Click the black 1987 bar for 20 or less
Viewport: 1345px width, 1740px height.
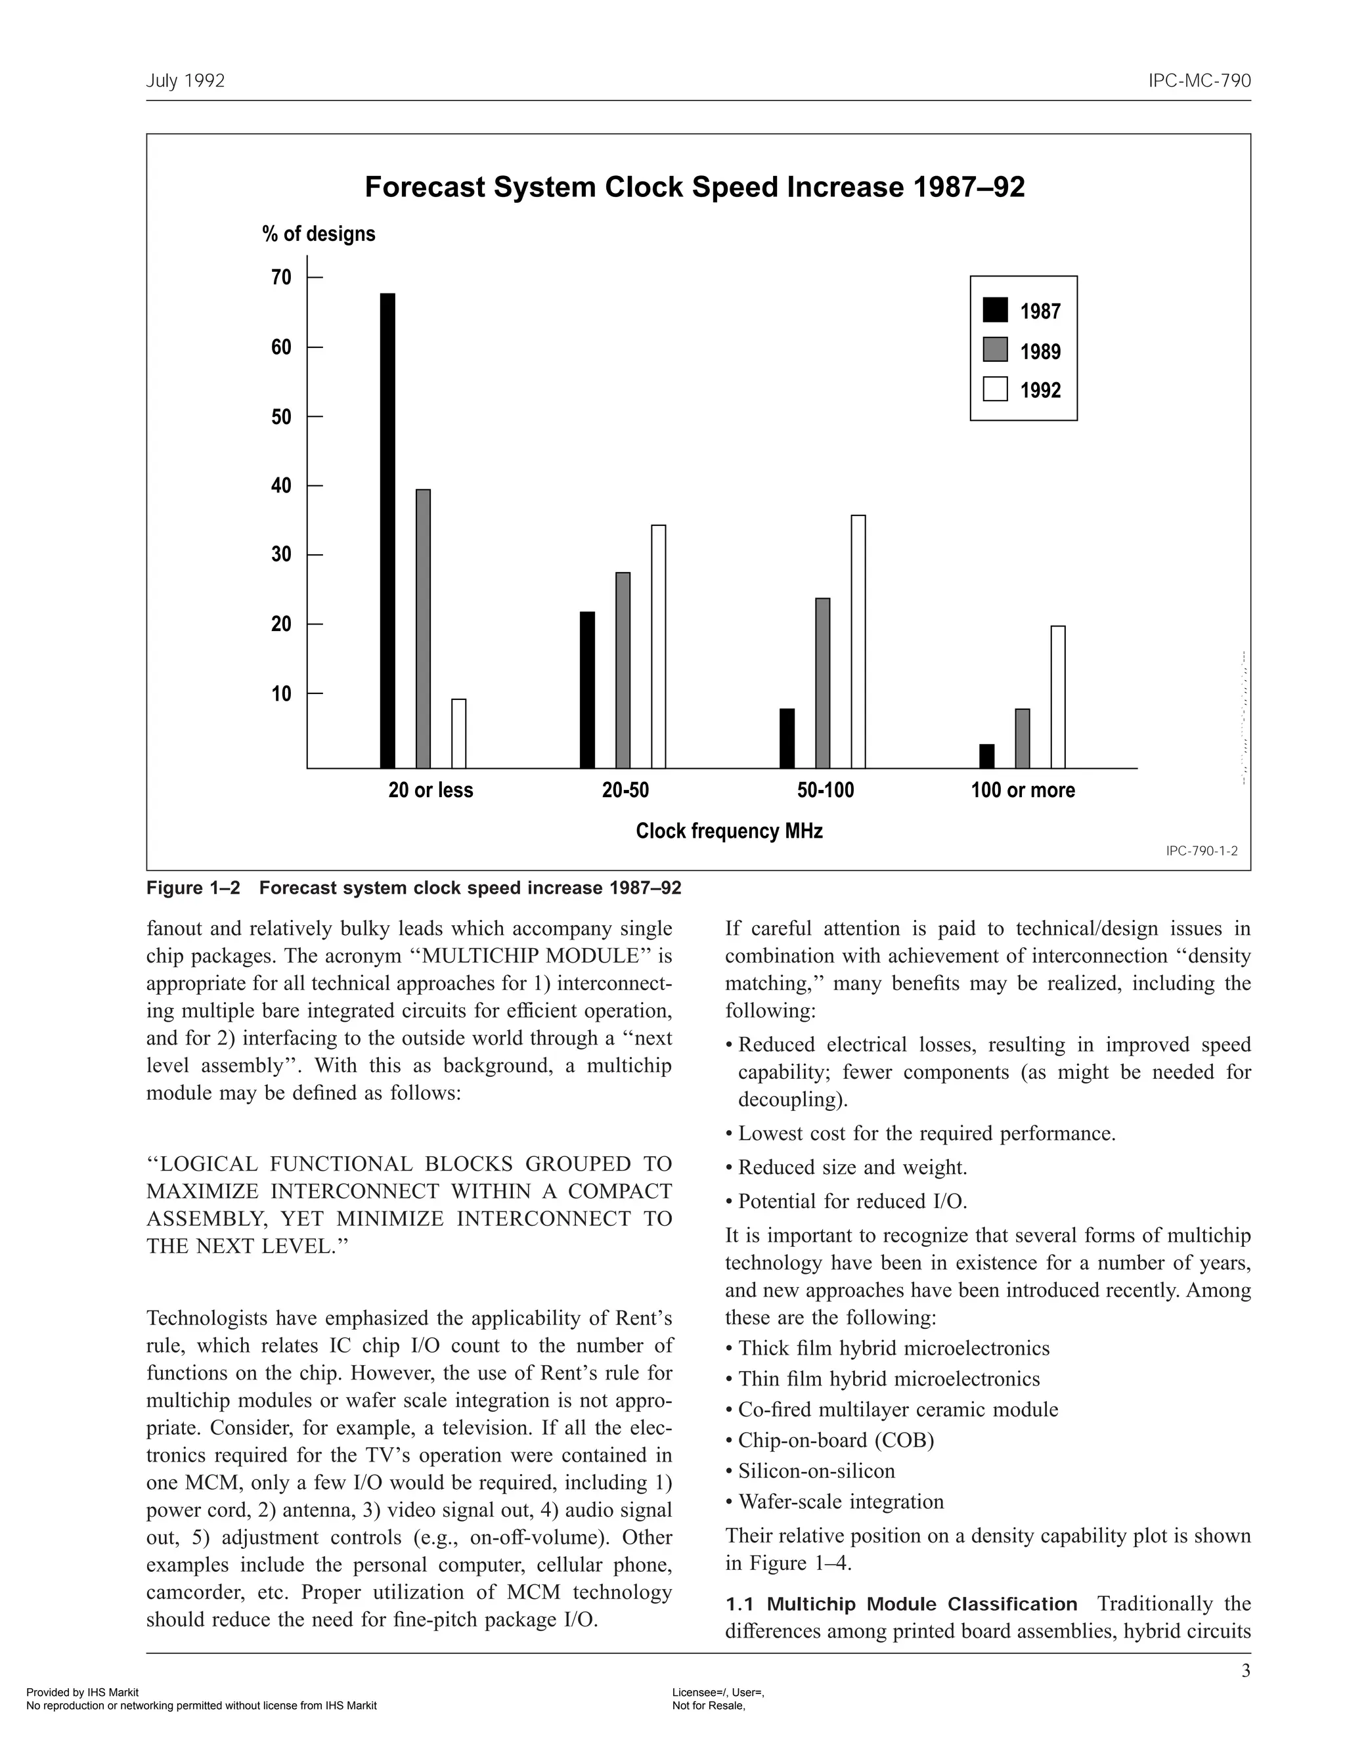coord(387,531)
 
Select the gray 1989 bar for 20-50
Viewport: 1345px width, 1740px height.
coord(623,670)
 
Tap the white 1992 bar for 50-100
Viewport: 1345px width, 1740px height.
coord(858,642)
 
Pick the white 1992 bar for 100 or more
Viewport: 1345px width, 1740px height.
coord(1058,697)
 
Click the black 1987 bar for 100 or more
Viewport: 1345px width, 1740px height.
coord(986,756)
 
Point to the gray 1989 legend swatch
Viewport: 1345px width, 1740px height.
coord(995,350)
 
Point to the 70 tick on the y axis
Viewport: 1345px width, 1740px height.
coord(314,277)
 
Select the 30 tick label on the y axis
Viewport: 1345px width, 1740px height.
coord(281,555)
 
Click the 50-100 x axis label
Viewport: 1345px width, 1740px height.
coord(825,791)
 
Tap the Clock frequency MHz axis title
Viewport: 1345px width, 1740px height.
coord(728,831)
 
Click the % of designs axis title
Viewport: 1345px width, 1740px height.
coord(318,234)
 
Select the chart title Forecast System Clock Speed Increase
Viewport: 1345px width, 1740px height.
coord(694,187)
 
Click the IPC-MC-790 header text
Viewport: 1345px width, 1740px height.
coord(1199,81)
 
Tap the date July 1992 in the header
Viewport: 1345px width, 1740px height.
coord(186,81)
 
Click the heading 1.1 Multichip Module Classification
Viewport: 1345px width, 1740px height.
coord(900,1604)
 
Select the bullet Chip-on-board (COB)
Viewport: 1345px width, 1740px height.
coord(835,1440)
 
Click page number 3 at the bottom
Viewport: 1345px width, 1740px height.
coord(1245,1670)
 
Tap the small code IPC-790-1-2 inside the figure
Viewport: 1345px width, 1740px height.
coord(1201,851)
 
